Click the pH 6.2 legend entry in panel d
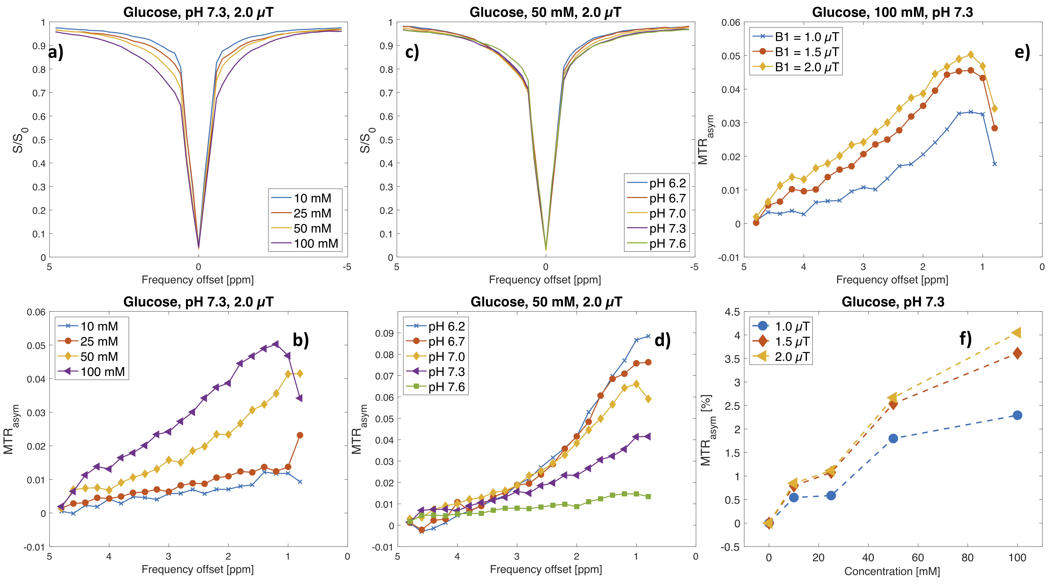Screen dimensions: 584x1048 [x=446, y=326]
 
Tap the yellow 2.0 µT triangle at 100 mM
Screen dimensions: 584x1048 [x=1017, y=333]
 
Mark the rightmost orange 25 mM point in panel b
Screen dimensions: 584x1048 [x=300, y=435]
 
